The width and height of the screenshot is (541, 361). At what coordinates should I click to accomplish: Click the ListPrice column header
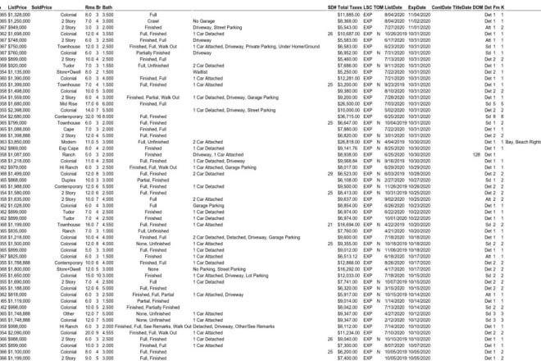[17, 6]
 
